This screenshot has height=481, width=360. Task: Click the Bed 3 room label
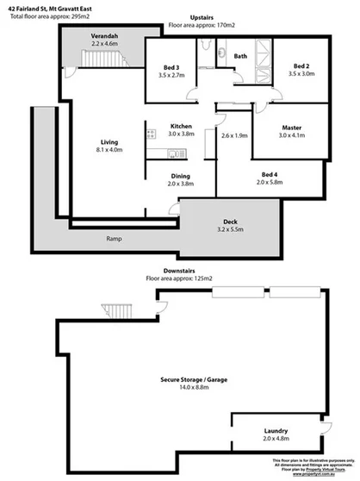171,68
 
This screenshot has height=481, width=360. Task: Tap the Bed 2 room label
300,66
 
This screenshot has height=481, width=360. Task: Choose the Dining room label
180,175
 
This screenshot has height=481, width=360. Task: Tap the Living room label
109,142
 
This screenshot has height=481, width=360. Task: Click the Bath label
240,56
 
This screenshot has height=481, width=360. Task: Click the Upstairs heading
202,16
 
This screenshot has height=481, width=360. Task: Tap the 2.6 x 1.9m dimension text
234,135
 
